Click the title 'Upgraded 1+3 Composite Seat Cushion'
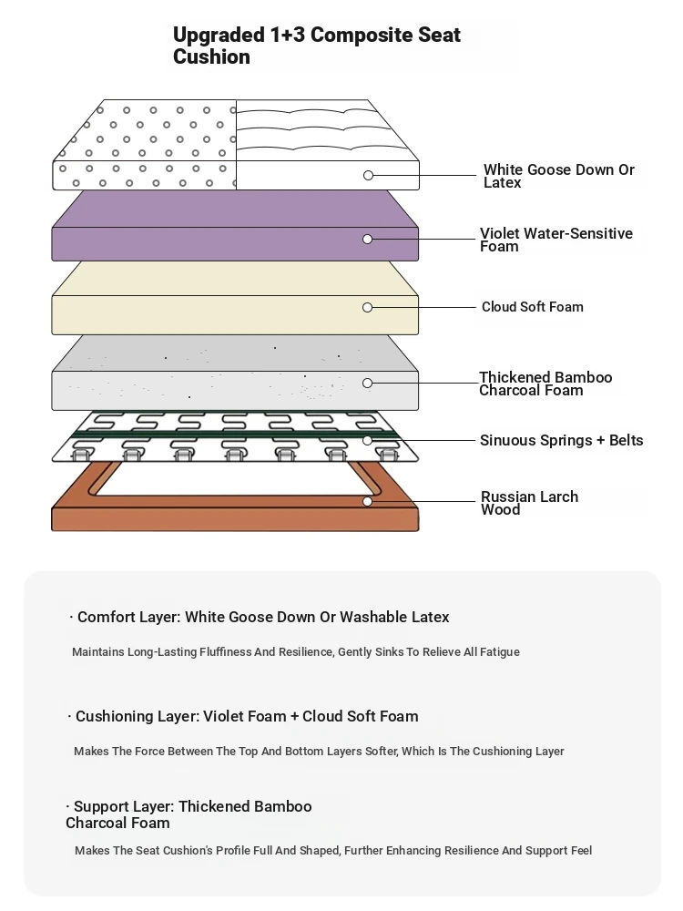pos(317,46)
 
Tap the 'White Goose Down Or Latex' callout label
pos(559,176)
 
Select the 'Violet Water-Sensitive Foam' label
pos(556,240)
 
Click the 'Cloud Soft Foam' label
pos(532,307)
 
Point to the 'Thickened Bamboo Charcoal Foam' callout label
pos(545,384)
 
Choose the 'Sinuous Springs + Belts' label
pos(561,440)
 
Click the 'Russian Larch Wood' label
pos(529,503)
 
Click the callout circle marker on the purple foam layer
pos(367,240)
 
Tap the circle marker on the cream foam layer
pos(367,307)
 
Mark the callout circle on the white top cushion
pos(368,176)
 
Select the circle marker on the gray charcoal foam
pos(367,383)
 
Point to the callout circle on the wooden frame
pos(367,501)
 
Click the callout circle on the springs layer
pos(367,440)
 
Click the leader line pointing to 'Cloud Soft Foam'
pos(423,307)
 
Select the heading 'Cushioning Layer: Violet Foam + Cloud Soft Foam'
pos(247,716)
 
